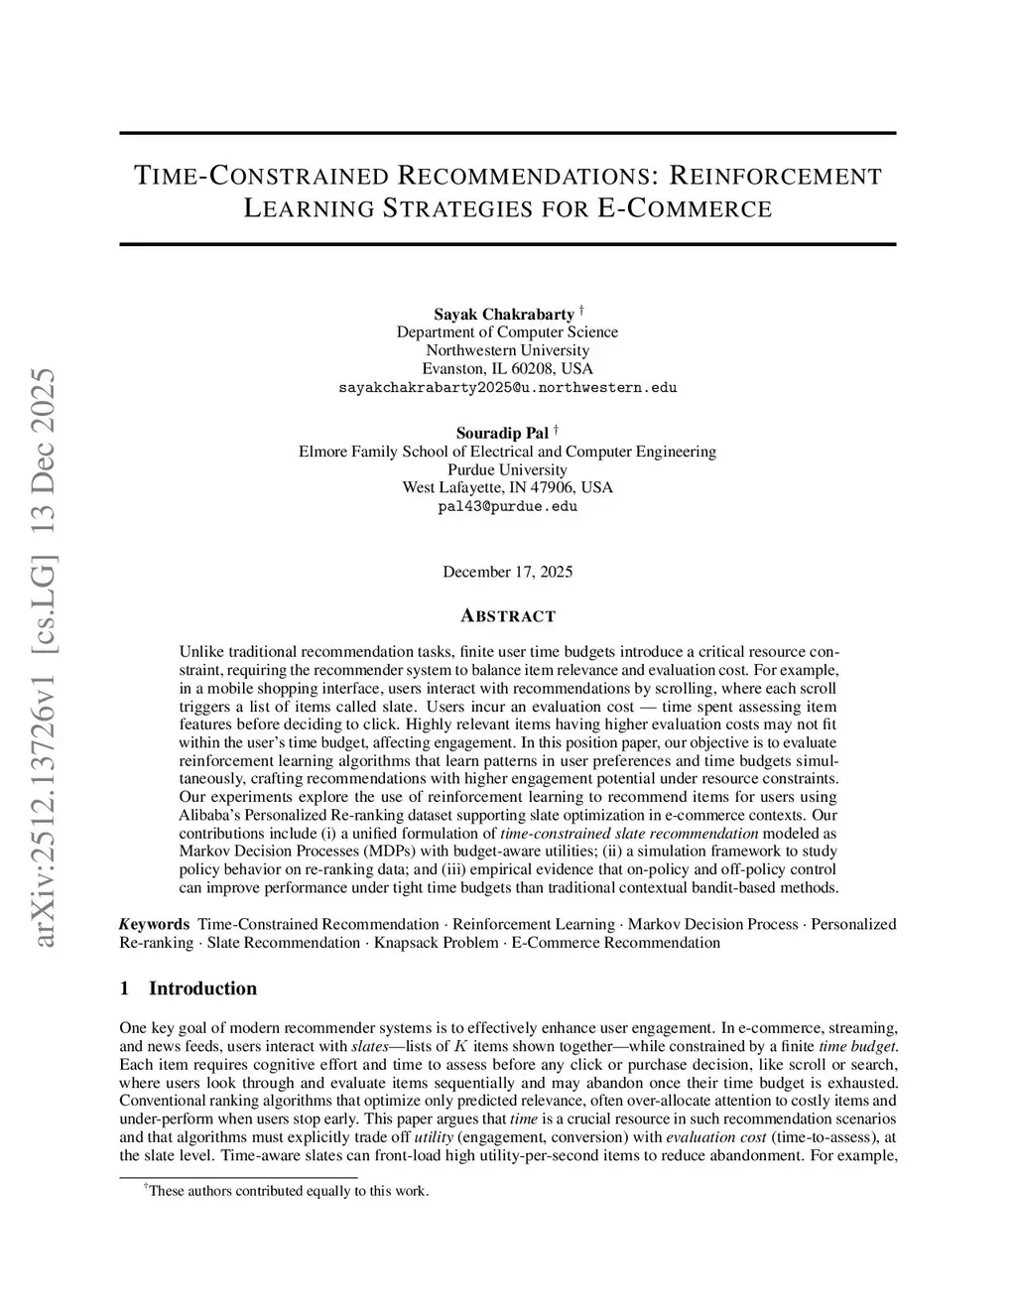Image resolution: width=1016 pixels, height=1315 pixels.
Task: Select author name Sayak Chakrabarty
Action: [x=503, y=314]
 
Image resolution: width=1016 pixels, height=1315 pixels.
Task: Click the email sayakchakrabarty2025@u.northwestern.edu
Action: [x=507, y=387]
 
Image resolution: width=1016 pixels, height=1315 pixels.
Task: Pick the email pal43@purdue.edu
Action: [x=507, y=506]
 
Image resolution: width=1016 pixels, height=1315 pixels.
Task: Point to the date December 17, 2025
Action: [x=507, y=572]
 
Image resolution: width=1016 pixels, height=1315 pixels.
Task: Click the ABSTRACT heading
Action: [x=508, y=616]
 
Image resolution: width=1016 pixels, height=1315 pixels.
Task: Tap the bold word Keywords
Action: [x=155, y=924]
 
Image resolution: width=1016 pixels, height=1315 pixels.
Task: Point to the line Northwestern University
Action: [x=507, y=350]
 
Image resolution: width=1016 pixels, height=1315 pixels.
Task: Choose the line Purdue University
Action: [x=507, y=469]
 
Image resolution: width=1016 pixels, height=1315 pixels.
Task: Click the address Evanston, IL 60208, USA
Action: [x=507, y=368]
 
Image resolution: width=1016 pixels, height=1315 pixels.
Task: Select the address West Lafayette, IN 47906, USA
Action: [x=507, y=487]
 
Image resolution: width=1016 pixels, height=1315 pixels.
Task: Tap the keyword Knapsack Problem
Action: [x=436, y=942]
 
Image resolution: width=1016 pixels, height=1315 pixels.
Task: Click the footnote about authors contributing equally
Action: [x=288, y=1191]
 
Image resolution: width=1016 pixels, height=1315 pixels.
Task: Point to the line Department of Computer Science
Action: [x=507, y=331]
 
